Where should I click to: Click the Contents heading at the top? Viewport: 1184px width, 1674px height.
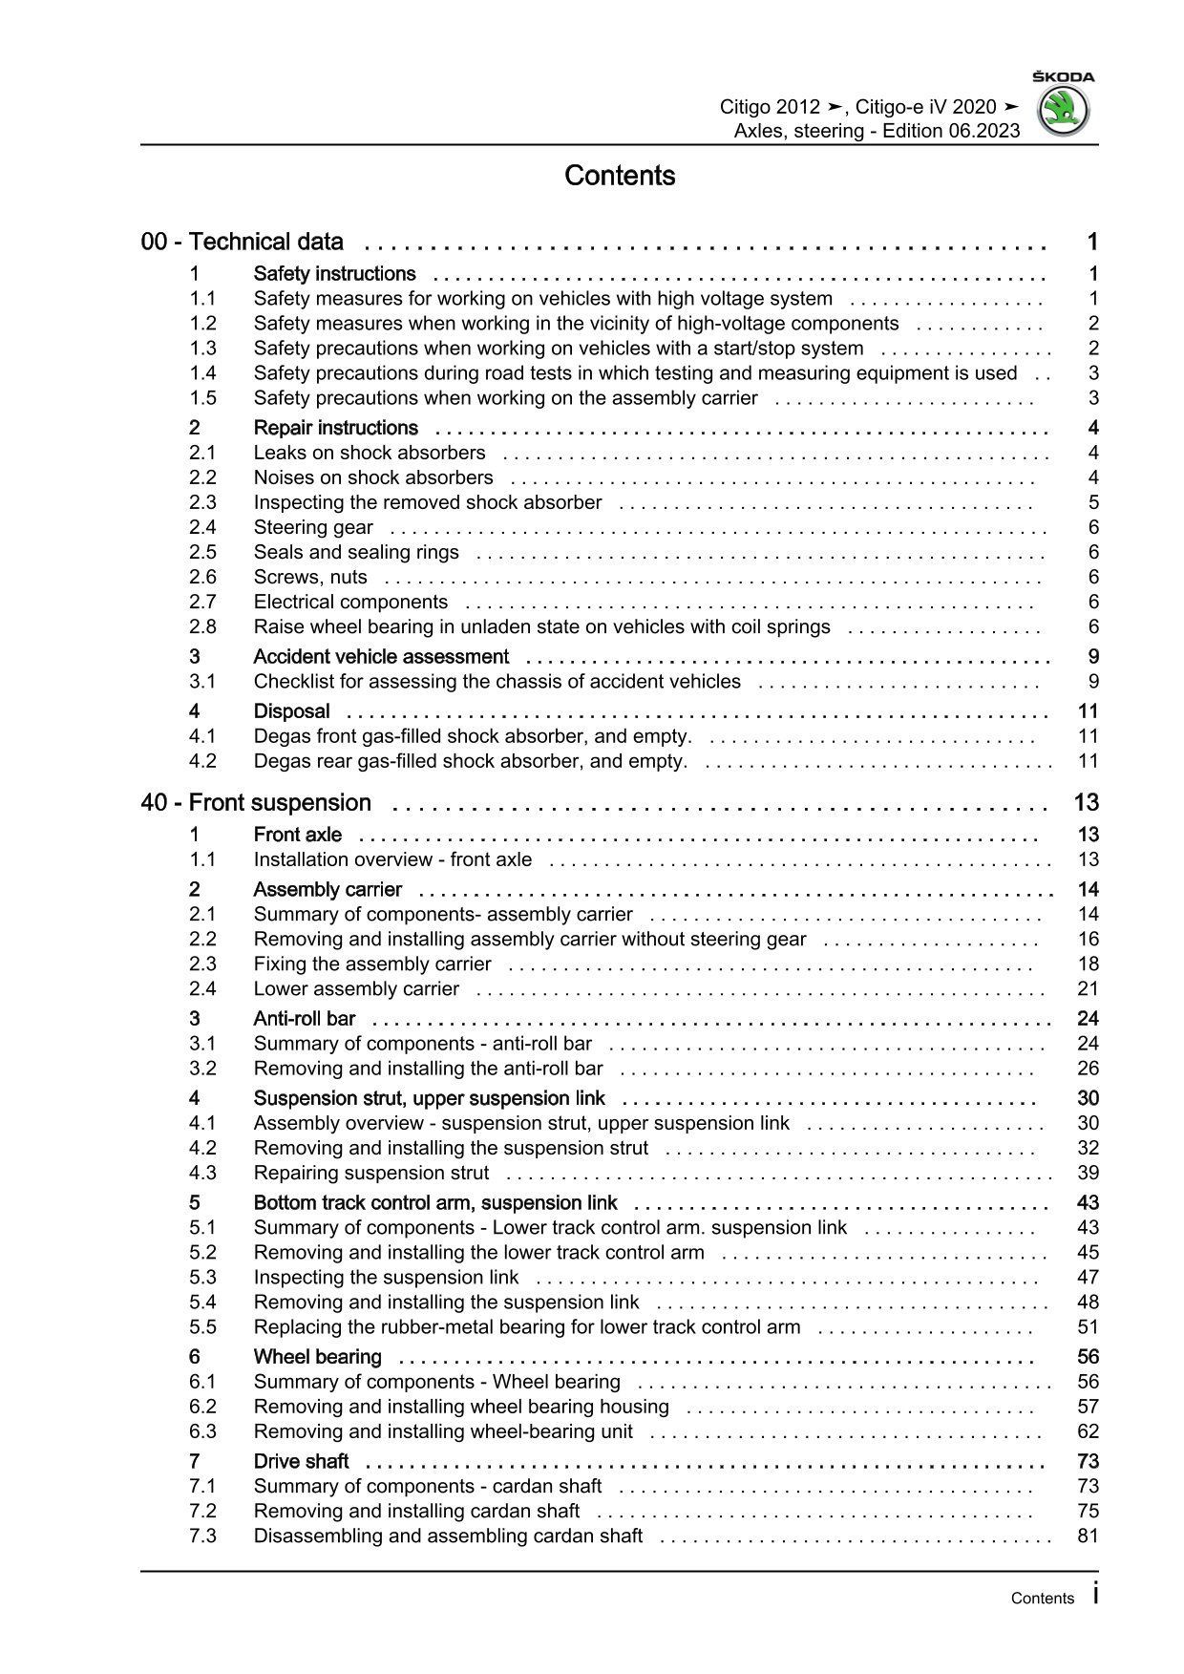[x=620, y=176]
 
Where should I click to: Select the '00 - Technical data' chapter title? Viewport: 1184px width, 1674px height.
[x=243, y=242]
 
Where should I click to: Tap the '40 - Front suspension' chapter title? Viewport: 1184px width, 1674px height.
[x=256, y=802]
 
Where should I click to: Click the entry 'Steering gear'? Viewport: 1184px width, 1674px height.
[x=313, y=527]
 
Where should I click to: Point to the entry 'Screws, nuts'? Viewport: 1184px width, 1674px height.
[x=310, y=577]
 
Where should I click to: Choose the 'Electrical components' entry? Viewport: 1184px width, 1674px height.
[x=350, y=602]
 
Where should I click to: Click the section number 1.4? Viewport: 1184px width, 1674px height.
[x=202, y=372]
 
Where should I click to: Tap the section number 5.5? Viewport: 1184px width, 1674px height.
[x=202, y=1326]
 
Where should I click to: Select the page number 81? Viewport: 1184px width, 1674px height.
[x=1088, y=1536]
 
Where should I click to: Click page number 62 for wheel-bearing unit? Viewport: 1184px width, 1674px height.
[x=1088, y=1430]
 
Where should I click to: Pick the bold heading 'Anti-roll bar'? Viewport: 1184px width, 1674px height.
[x=304, y=1018]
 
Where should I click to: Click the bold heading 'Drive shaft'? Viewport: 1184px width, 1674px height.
[x=301, y=1461]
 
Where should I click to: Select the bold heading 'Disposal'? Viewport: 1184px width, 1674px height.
[x=291, y=710]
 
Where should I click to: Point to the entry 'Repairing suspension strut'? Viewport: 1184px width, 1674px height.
[x=370, y=1173]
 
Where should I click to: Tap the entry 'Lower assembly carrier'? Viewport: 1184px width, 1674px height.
[x=356, y=988]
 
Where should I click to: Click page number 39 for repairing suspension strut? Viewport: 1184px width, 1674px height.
[x=1088, y=1173]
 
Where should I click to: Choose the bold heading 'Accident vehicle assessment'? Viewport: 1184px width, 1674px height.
[x=381, y=656]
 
